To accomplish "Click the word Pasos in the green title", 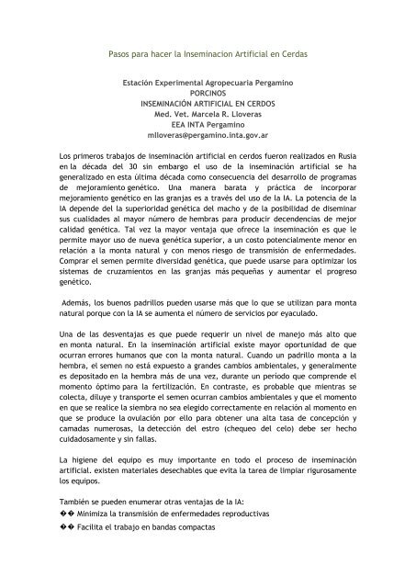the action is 121,55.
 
